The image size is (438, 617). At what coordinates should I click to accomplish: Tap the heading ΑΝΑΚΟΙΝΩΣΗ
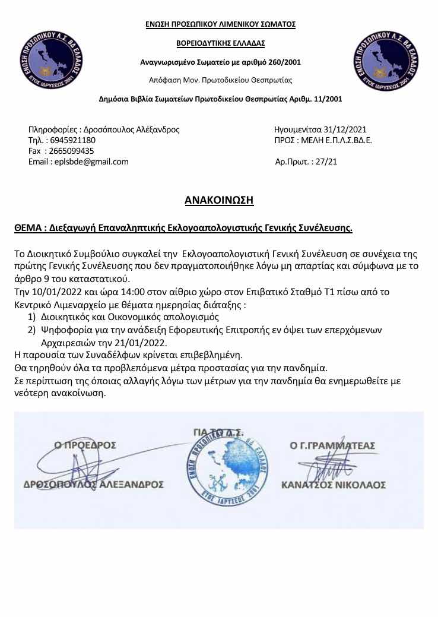click(220, 200)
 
